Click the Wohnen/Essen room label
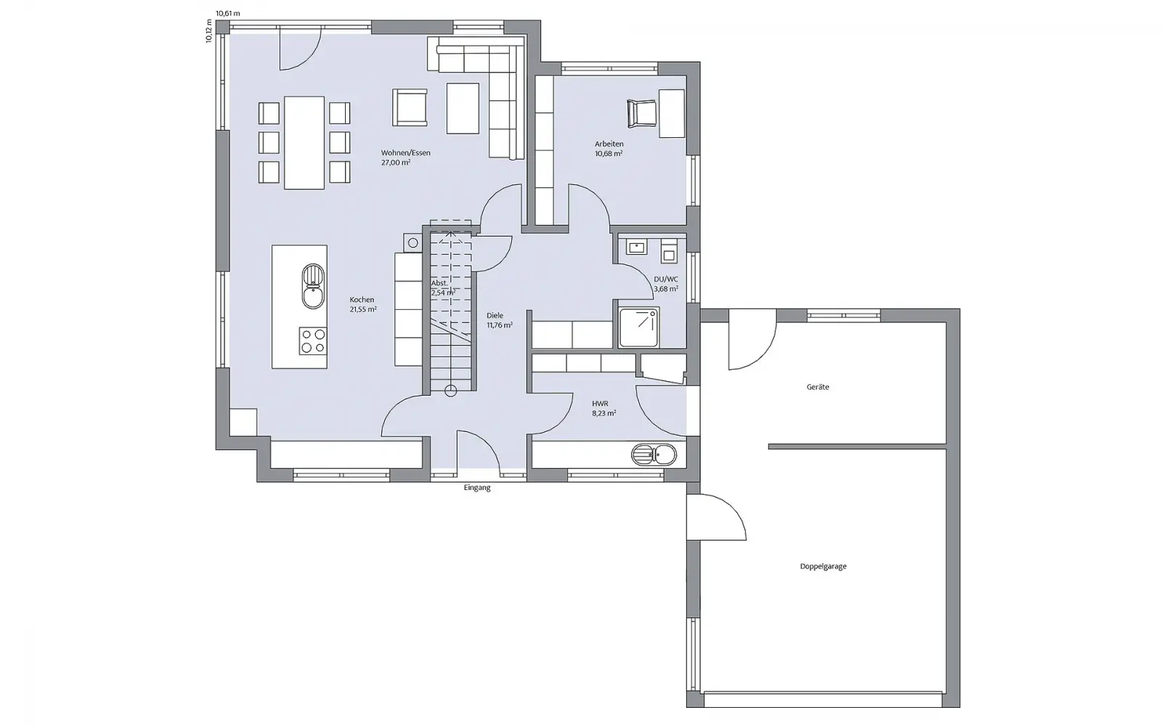(406, 153)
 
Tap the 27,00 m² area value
(396, 163)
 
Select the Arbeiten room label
(609, 144)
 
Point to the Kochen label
(362, 300)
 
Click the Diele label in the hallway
(495, 315)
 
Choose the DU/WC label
(665, 280)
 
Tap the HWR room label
(600, 404)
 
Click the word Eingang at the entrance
(477, 488)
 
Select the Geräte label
(818, 387)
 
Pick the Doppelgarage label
(824, 566)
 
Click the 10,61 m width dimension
(228, 14)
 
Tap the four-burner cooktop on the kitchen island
(313, 341)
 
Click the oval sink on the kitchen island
(313, 286)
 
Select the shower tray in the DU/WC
(638, 327)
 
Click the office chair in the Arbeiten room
(642, 113)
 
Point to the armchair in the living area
(410, 107)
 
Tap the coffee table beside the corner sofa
(463, 109)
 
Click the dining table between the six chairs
(304, 142)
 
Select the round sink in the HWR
(654, 454)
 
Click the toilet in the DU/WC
(669, 251)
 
